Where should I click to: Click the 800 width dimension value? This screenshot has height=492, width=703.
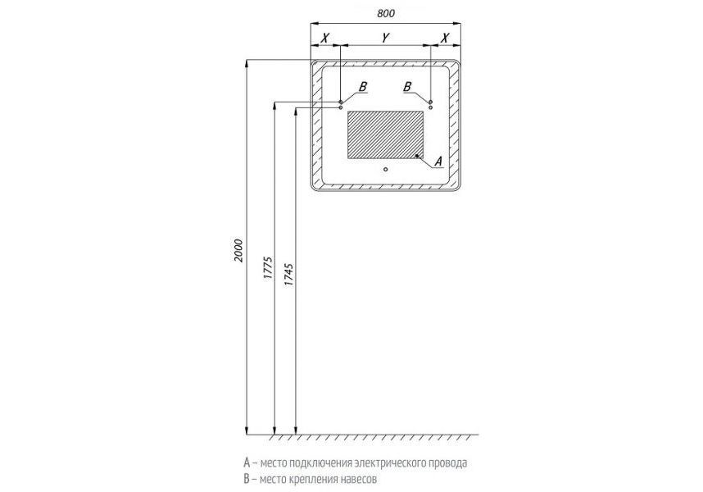[x=386, y=13]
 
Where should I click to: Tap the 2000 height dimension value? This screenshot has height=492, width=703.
[x=238, y=251]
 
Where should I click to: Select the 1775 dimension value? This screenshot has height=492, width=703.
[x=268, y=268]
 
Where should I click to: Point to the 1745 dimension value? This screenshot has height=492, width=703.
[x=289, y=275]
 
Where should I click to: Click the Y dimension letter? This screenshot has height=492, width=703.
[x=385, y=38]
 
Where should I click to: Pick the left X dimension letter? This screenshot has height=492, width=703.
[x=325, y=38]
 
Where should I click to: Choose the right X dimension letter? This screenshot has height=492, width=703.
[x=445, y=38]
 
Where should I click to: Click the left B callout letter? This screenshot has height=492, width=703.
[x=364, y=87]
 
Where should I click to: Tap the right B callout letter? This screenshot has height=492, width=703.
[x=407, y=87]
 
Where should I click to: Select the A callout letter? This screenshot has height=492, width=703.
[x=438, y=161]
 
